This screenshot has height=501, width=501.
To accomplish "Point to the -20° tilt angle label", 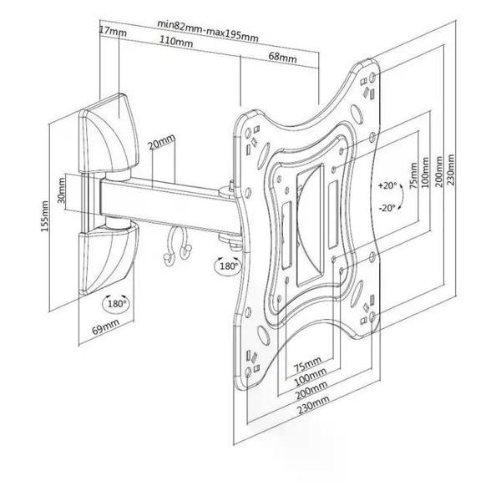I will click(x=387, y=208).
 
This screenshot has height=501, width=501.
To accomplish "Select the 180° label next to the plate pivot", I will click(x=228, y=266).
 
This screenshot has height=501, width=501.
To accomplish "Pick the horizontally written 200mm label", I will click(x=311, y=389).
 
